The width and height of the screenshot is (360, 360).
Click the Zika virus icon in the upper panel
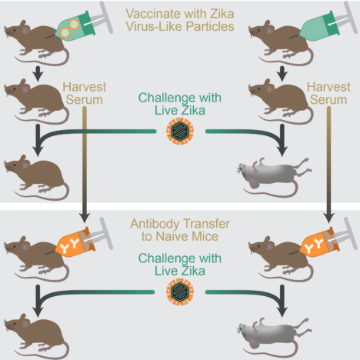click(180, 132)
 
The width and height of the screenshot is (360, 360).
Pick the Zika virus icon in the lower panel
click(180, 292)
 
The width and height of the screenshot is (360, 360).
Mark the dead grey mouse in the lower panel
click(275, 337)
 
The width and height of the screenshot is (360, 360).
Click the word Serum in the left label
click(85, 99)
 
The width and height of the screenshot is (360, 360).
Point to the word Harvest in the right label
click(328, 87)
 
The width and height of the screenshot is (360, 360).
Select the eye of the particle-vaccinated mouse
click(15, 30)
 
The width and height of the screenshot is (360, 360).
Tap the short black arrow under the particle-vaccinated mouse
click(38, 74)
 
